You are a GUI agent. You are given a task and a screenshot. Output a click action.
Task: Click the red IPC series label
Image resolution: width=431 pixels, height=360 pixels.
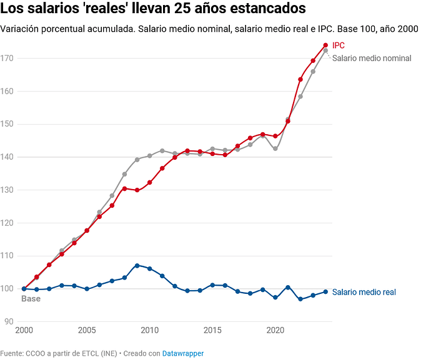point(339,46)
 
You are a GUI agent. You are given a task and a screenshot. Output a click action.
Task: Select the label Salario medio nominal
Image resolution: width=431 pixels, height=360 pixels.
point(372,58)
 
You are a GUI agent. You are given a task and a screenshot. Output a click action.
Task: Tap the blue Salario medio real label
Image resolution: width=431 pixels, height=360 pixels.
point(364,292)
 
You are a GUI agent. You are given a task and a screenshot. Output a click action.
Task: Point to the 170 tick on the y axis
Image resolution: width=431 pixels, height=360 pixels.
point(7,58)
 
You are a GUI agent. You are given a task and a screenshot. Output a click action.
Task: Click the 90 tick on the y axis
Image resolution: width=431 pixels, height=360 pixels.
point(9,321)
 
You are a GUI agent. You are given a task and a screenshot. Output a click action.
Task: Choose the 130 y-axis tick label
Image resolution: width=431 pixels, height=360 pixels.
point(7,190)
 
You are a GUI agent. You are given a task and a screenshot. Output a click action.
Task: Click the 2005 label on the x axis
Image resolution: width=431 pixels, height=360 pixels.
point(87,330)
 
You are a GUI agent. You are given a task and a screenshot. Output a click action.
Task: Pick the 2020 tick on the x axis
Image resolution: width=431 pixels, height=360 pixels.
point(275,330)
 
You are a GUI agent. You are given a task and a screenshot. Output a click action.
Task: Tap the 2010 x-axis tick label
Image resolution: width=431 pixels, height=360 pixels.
point(149,330)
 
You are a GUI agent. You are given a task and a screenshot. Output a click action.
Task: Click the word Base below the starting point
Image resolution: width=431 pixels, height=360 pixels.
point(31,299)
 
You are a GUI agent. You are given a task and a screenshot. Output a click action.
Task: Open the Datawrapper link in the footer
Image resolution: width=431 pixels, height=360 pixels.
point(183,353)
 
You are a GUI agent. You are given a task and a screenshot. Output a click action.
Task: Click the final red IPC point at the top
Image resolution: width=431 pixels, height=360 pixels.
point(325,45)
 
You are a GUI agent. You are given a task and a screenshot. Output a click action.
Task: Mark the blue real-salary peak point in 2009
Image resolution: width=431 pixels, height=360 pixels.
point(137,266)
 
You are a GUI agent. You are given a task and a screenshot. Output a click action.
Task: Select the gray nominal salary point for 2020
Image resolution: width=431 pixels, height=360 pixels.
point(275,148)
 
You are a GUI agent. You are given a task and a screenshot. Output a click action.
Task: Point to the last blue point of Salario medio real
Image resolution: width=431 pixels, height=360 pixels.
point(325,291)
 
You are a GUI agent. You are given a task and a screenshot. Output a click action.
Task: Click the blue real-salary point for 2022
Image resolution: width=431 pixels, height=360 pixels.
point(300,299)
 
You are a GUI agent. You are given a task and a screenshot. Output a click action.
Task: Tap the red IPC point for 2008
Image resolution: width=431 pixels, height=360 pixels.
point(124,188)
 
